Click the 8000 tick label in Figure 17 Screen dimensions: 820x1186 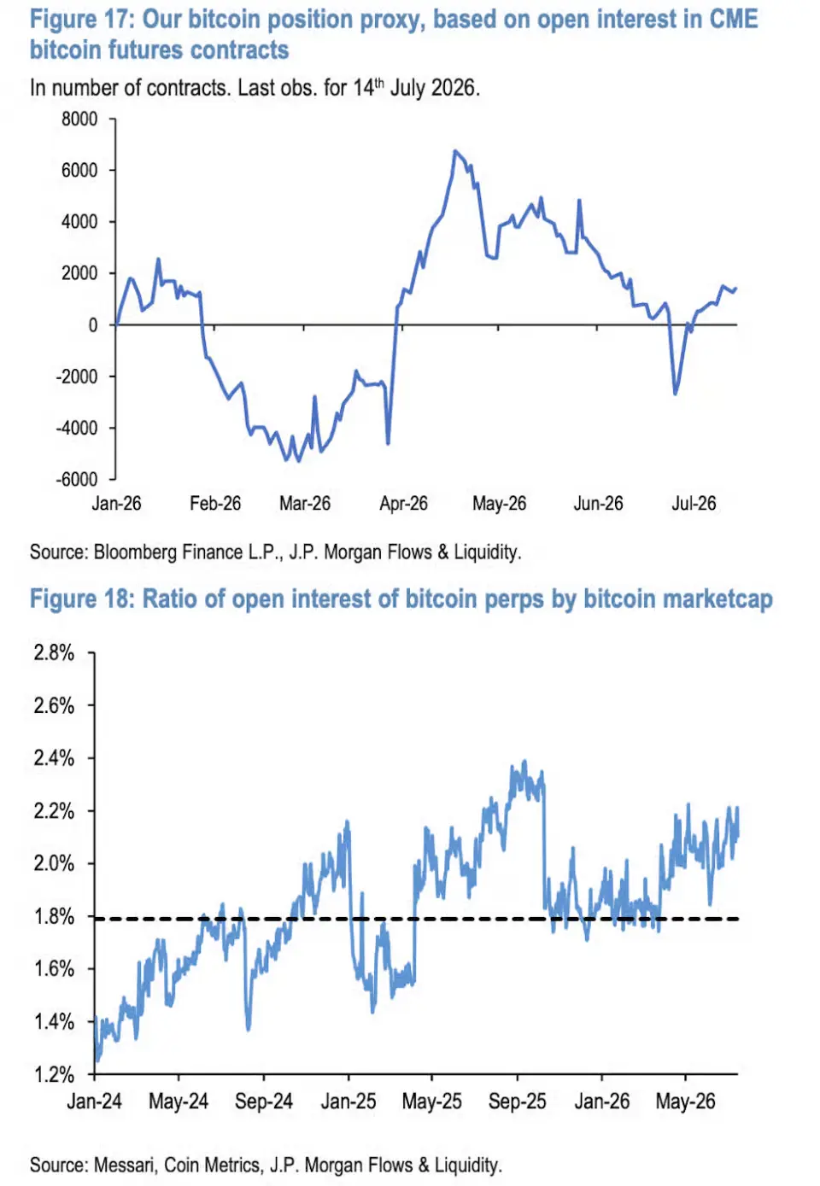point(79,120)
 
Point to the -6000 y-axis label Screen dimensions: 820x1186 point(77,479)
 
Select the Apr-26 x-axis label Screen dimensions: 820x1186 point(403,503)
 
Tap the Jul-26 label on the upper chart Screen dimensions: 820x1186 point(694,503)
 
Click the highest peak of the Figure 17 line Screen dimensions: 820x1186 point(454,151)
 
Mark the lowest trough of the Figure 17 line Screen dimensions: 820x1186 point(299,460)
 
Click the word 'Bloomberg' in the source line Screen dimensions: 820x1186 point(135,552)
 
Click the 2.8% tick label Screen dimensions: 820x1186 point(54,653)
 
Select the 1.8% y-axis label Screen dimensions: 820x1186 point(54,916)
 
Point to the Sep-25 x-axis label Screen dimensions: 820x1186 point(517,1101)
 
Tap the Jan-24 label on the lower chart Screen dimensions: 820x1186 point(94,1101)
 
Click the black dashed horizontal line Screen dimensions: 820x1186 point(416,919)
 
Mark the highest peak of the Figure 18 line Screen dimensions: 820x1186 point(524,762)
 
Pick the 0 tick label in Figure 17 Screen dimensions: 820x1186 point(93,325)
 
